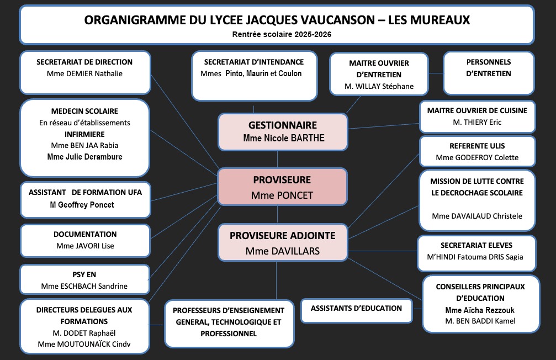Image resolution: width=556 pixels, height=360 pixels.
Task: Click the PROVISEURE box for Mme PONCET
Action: point(282,187)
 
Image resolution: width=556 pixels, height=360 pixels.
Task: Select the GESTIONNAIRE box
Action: point(282,131)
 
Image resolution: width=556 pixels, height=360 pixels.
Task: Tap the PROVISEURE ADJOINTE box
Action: point(282,242)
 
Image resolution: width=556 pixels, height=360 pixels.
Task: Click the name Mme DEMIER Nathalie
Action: point(84,73)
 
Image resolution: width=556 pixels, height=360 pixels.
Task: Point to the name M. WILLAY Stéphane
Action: point(379,86)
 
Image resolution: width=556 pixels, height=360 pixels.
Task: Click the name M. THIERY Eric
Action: point(477,122)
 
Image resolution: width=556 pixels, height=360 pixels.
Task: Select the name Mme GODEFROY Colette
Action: point(477,158)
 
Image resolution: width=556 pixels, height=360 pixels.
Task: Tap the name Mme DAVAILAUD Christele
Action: point(477,216)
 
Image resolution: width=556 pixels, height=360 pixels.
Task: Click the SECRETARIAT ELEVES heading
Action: point(476,245)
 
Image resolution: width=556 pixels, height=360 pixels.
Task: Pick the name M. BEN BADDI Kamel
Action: point(480,321)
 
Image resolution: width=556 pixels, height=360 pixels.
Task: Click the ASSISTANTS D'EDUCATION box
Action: point(356,309)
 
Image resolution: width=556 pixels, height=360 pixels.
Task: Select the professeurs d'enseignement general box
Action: point(229,322)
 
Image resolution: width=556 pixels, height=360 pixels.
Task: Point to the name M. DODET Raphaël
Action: point(84,333)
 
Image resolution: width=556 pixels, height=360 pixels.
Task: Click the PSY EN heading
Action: point(84,274)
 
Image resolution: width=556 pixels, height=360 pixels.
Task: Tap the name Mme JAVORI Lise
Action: point(84,246)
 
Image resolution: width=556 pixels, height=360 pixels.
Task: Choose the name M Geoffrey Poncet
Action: point(84,205)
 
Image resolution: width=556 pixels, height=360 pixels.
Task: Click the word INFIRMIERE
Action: point(84,134)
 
